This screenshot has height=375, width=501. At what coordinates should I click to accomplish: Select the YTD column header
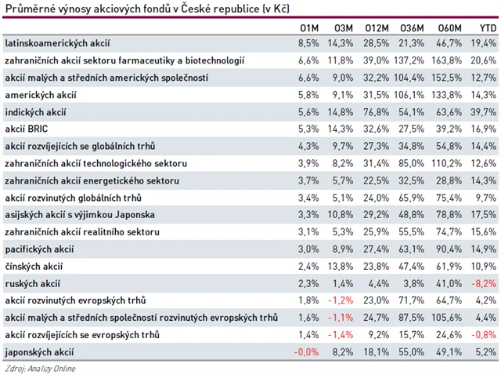coord(486,28)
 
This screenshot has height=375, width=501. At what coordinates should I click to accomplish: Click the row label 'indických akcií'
coord(34,111)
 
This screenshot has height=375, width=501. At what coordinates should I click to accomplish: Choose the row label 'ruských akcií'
coord(32,284)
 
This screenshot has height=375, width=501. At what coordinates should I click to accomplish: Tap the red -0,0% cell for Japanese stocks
coord(306,352)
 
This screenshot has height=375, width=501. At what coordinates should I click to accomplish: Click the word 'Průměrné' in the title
coord(27,9)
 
